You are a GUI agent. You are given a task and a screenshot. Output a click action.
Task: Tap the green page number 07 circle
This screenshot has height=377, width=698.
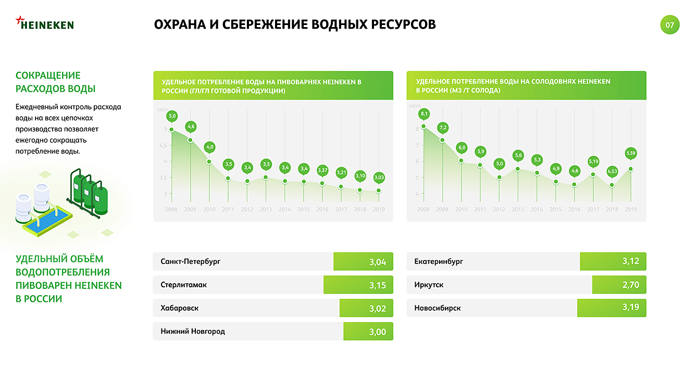(x=670, y=25)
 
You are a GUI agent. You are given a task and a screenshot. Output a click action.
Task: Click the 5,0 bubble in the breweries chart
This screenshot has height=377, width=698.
(x=172, y=115)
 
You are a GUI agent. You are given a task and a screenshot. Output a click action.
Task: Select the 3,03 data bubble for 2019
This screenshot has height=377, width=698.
(x=379, y=177)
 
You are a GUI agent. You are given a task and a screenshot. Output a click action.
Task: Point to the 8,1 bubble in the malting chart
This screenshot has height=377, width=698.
(x=423, y=114)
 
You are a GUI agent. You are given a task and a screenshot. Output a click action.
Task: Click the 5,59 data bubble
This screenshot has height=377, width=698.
(x=631, y=153)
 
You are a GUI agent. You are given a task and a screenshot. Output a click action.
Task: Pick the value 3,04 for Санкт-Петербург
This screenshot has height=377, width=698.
(x=377, y=262)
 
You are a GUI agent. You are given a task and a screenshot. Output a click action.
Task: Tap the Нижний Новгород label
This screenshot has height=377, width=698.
(x=193, y=331)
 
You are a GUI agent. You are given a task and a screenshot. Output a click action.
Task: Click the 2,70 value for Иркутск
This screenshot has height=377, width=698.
(x=630, y=285)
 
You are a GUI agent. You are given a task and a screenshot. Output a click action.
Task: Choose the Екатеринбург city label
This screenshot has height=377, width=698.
(x=439, y=261)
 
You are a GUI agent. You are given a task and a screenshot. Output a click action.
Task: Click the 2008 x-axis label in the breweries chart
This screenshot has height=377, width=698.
(x=172, y=209)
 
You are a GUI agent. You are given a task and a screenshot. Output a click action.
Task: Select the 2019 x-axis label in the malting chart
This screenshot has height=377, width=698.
(x=631, y=209)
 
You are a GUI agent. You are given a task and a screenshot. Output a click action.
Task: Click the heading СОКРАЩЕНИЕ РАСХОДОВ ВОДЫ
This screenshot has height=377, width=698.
(x=55, y=82)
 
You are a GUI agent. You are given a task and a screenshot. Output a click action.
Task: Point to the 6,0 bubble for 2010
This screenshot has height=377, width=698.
(x=462, y=148)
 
